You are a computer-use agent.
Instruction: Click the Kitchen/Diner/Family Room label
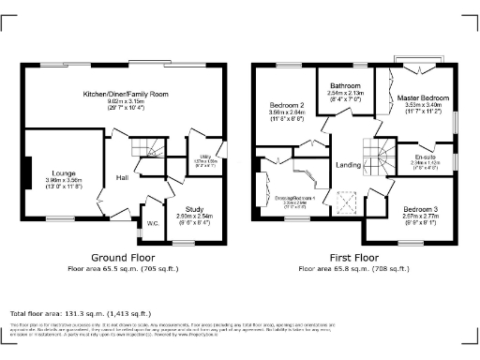click(126, 95)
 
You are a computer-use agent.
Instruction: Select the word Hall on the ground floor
click(122, 177)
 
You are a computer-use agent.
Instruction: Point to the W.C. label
click(151, 222)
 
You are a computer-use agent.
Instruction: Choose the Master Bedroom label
click(423, 97)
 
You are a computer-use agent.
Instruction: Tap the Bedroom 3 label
click(421, 208)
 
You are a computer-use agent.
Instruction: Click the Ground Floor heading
click(123, 257)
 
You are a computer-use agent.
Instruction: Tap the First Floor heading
click(352, 257)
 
